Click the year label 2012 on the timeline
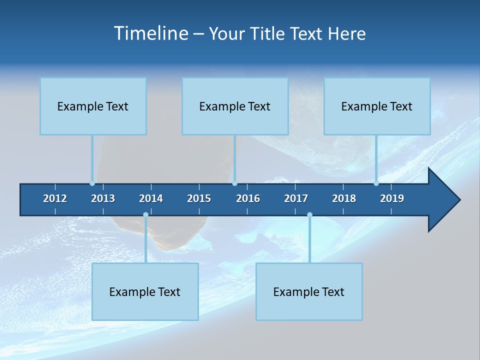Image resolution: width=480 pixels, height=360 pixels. pyautogui.click(x=55, y=198)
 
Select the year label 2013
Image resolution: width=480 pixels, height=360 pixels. pyautogui.click(x=103, y=198)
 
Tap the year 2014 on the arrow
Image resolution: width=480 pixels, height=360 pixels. pyautogui.click(x=151, y=198)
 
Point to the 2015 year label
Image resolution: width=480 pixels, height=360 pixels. pyautogui.click(x=199, y=198)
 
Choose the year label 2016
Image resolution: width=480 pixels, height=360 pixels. pyautogui.click(x=248, y=198)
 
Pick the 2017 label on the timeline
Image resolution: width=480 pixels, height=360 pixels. pyautogui.click(x=296, y=198)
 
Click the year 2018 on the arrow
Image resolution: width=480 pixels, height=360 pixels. pyautogui.click(x=344, y=198)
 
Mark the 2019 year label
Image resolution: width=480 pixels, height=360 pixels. pyautogui.click(x=392, y=198)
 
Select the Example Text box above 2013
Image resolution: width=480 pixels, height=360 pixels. pyautogui.click(x=93, y=106)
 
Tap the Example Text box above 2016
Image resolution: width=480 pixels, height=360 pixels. pyautogui.click(x=235, y=106)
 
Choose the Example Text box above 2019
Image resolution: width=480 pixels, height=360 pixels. pyautogui.click(x=377, y=106)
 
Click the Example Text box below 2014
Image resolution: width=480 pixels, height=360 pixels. pyautogui.click(x=145, y=291)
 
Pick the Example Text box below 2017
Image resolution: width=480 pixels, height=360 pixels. pyautogui.click(x=309, y=291)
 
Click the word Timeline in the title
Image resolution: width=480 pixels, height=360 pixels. pyautogui.click(x=150, y=33)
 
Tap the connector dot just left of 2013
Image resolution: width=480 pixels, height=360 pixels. pyautogui.click(x=92, y=183)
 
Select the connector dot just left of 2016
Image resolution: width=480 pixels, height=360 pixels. pyautogui.click(x=235, y=183)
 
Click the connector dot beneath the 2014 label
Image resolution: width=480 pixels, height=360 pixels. pyautogui.click(x=145, y=215)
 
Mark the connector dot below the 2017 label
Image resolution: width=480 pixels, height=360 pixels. pyautogui.click(x=309, y=215)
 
